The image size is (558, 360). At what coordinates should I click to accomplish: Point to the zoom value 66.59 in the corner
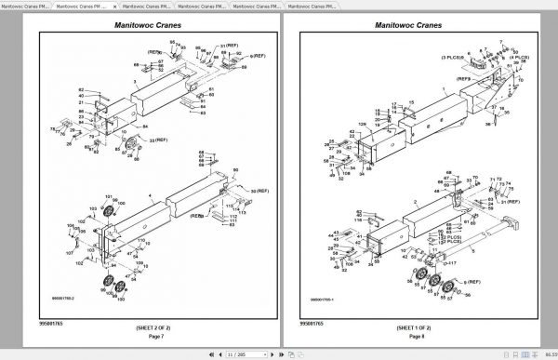[x=548, y=353]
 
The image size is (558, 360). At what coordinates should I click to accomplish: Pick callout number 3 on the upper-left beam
[x=136, y=82]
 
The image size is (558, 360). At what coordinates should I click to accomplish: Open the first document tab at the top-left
[x=26, y=6]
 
